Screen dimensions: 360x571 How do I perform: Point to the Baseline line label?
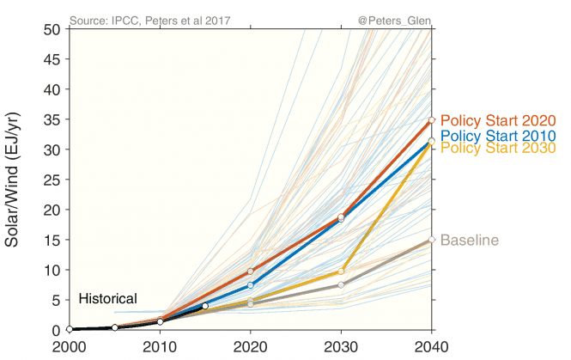[x=470, y=240]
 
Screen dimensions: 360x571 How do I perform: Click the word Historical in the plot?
[x=107, y=299]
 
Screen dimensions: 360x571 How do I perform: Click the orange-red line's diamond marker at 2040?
[x=432, y=120]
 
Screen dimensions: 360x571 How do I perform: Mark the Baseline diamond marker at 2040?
[x=432, y=240]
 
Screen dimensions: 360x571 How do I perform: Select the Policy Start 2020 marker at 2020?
[x=250, y=271]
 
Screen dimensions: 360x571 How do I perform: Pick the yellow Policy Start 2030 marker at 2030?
[x=341, y=272]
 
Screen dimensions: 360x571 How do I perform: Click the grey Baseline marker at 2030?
[x=341, y=285]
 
